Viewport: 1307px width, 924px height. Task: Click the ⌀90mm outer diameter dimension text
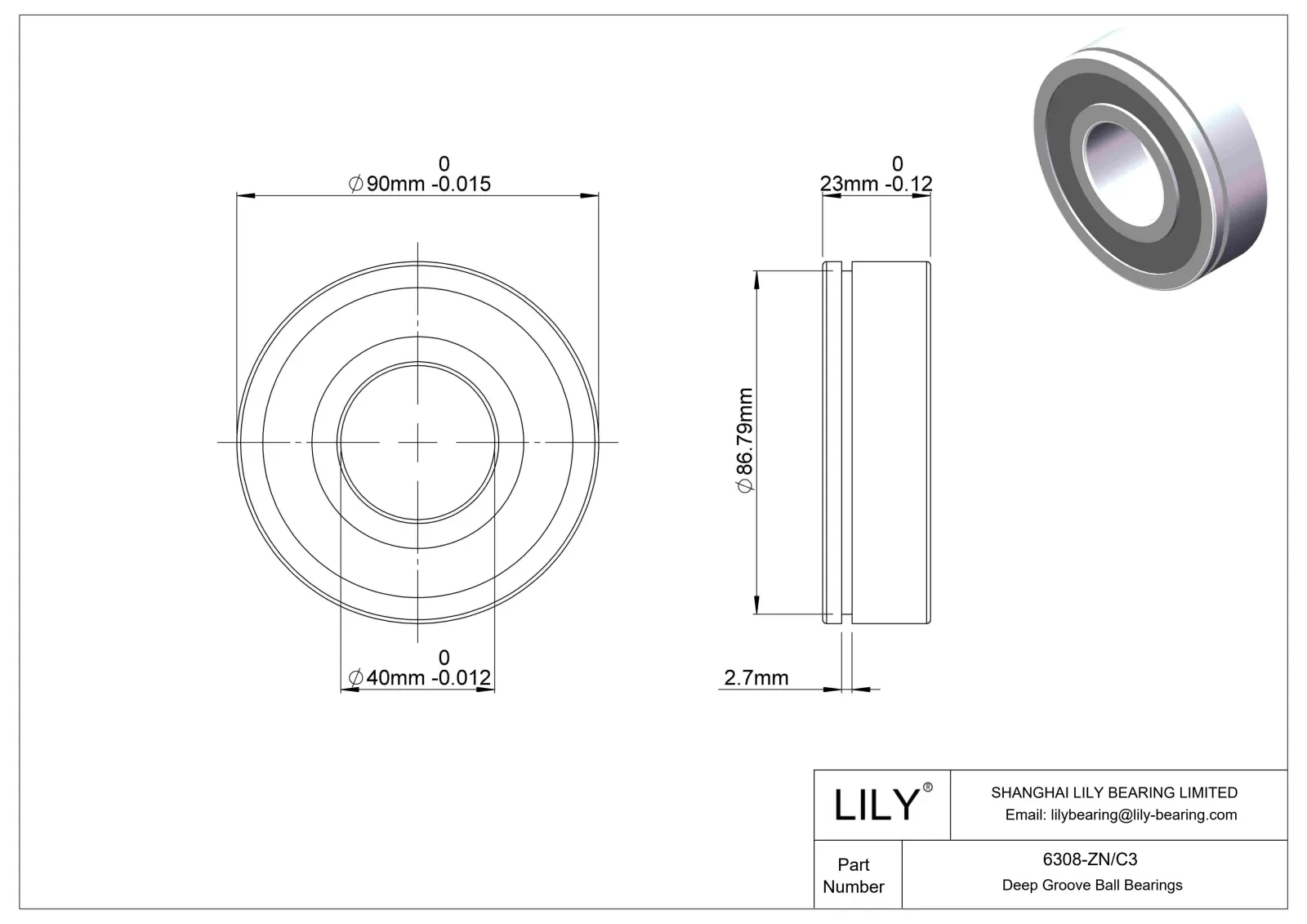point(420,184)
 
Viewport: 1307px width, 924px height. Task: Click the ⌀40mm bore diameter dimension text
point(420,678)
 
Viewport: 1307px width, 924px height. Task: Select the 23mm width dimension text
point(876,184)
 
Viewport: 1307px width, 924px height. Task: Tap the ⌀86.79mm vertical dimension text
point(745,441)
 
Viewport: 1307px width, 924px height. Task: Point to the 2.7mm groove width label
point(756,678)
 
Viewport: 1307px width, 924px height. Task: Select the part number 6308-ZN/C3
point(1091,859)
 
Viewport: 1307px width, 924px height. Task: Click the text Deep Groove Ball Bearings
point(1091,885)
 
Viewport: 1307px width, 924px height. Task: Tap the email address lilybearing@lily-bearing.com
point(1120,815)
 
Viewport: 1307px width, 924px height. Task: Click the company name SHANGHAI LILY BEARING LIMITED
point(1113,792)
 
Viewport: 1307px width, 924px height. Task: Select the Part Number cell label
point(854,875)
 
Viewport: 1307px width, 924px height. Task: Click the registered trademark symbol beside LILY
point(927,788)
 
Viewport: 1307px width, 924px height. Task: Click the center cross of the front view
point(417,442)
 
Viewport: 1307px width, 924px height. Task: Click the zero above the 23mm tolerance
point(897,163)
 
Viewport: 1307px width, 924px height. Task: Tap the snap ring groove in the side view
point(846,441)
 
